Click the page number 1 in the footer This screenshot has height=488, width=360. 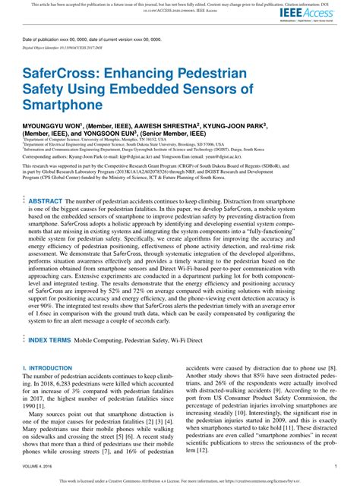[x=335, y=466]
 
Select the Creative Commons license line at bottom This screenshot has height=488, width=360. [x=179, y=481]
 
